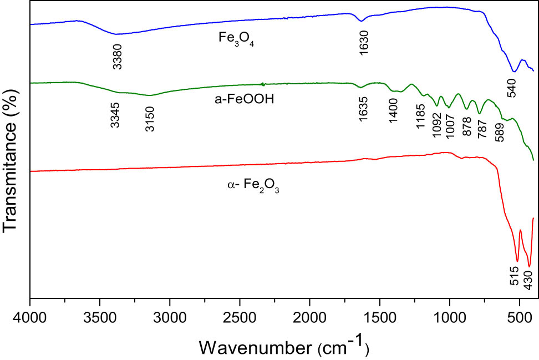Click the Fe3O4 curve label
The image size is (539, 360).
[235, 40]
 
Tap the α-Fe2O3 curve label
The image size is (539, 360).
[253, 187]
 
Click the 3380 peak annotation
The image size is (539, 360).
[117, 57]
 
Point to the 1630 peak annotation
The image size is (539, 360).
[363, 40]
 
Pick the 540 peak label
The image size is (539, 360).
[511, 87]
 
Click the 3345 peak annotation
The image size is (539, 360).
[115, 115]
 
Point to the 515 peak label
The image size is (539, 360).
[514, 275]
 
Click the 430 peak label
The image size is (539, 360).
[528, 281]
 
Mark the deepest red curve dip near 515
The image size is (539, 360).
[517, 261]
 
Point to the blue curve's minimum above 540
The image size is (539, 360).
[514, 72]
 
